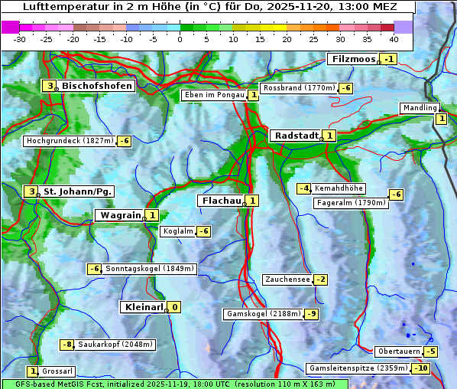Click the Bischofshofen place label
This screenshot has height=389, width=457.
(97, 86)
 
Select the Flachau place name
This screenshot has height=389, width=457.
(220, 201)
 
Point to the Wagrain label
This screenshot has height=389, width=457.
(120, 216)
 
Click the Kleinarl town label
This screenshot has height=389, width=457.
(143, 307)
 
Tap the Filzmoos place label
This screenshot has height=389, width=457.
(353, 59)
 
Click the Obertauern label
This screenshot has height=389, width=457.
(399, 351)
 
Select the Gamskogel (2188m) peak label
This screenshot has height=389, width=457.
(264, 314)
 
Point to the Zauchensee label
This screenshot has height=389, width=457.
(287, 279)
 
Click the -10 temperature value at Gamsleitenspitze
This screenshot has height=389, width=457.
(421, 368)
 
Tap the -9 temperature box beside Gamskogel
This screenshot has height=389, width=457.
(312, 314)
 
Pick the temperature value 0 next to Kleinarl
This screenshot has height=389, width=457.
(175, 307)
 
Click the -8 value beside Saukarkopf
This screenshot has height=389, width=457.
(67, 345)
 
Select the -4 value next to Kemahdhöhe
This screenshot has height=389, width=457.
(304, 188)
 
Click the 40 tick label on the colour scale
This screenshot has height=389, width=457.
(394, 38)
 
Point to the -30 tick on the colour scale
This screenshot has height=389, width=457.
(20, 38)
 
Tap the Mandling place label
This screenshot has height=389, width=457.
(419, 108)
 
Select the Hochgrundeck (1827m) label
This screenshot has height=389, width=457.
(70, 141)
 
